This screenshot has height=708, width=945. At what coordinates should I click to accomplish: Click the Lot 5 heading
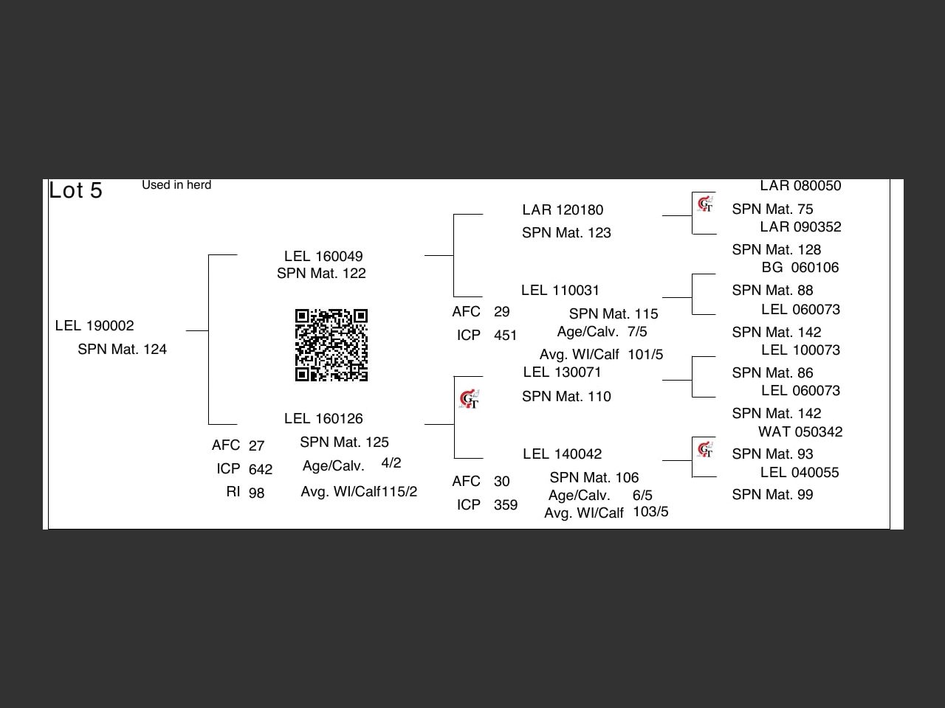75,190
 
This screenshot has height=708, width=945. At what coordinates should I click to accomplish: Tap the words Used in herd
176,185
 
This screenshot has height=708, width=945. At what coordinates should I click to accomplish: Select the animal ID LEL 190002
94,326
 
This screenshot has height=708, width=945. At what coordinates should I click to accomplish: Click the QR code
331,345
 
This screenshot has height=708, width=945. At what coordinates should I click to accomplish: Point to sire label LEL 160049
323,257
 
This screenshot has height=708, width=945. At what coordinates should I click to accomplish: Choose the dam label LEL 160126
323,419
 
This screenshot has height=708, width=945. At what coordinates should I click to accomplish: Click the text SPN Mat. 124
122,350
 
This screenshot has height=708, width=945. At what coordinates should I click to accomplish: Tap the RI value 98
256,493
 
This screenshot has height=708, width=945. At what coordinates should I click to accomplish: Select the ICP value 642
261,469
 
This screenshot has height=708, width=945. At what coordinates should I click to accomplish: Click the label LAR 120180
563,210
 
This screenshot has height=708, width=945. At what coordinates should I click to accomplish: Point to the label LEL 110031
560,291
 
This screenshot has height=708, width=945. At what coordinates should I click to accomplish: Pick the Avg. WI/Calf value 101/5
645,355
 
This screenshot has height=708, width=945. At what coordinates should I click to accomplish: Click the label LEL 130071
562,372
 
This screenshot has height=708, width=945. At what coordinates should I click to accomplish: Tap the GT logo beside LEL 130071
470,400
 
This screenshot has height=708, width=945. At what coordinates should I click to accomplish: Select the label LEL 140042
562,454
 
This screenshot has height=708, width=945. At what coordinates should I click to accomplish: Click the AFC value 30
502,482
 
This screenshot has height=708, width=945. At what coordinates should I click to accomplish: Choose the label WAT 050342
800,432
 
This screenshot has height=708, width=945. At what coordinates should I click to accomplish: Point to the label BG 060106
800,268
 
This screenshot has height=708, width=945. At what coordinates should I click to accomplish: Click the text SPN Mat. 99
772,495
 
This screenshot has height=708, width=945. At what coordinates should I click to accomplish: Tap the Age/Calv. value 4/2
391,463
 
